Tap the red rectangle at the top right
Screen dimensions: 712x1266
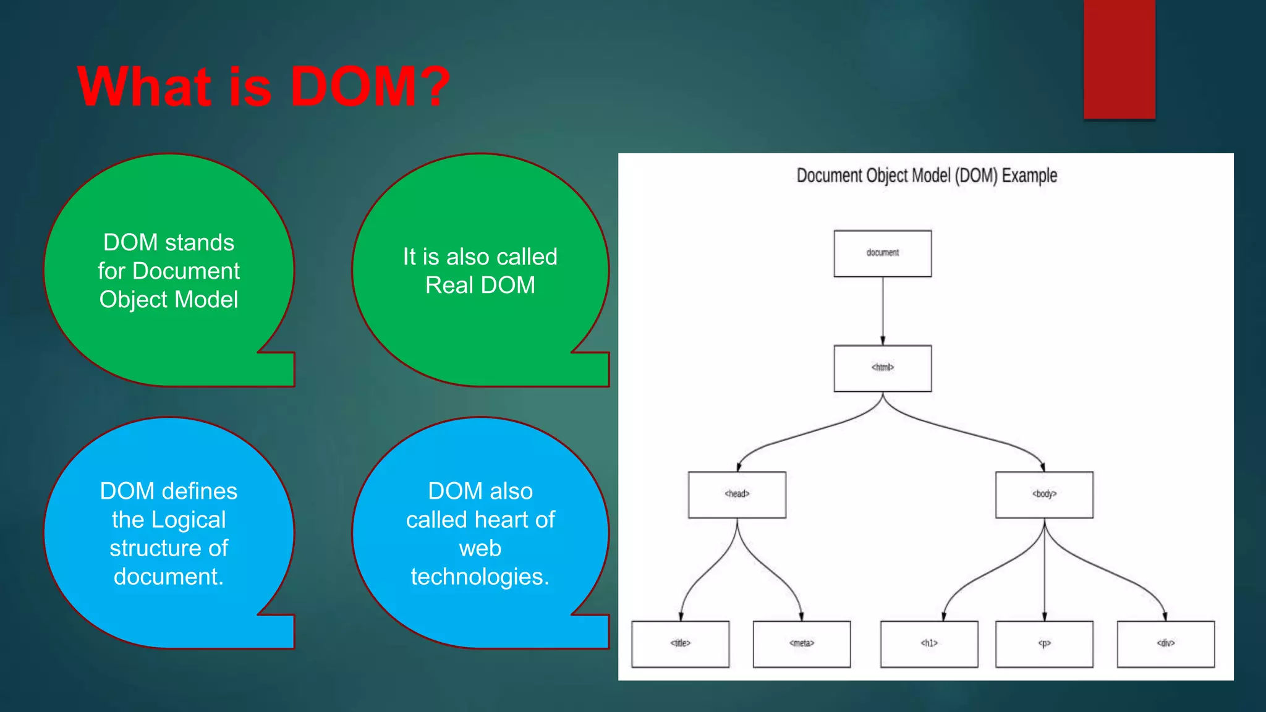coord(1119,59)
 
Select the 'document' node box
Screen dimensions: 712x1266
coord(882,253)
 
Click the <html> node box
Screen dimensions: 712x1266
coord(882,368)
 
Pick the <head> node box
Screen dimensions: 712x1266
coord(737,494)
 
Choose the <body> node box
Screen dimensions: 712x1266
coord(1044,494)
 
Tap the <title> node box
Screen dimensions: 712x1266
coord(680,644)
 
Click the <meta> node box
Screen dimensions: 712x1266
coord(801,644)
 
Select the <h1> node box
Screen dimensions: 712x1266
coord(929,644)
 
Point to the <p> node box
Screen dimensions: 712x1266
coord(1044,644)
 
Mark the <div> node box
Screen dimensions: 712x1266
coord(1165,644)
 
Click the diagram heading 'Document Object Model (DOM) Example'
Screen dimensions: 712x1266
coord(926,176)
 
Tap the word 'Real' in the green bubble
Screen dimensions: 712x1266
coord(449,286)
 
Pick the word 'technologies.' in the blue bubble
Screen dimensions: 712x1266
coord(480,577)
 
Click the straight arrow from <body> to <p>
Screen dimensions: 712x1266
coord(1045,569)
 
